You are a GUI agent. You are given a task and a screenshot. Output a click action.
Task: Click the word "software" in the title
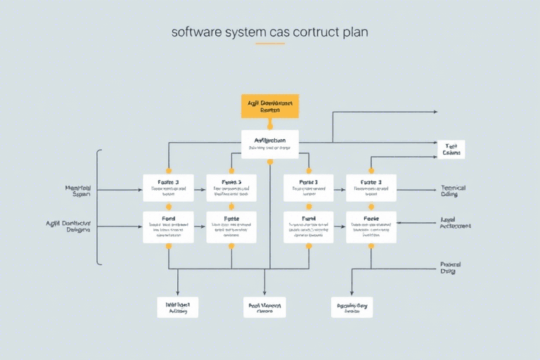click(194, 32)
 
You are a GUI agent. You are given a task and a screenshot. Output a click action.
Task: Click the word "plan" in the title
click(354, 32)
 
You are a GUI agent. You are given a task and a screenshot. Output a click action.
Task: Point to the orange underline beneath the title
click(270, 44)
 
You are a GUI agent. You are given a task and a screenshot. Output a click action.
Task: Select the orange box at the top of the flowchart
click(270, 106)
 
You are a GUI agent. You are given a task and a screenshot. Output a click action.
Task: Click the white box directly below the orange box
click(270, 143)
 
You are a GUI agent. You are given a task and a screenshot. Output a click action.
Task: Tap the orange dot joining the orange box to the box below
click(270, 125)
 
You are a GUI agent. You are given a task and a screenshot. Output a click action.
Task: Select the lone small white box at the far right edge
click(451, 149)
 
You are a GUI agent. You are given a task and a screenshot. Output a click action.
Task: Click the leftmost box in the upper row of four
click(168, 187)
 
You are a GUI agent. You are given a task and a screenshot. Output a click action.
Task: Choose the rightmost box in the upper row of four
click(371, 187)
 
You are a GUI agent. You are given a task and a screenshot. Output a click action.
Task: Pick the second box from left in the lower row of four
click(231, 227)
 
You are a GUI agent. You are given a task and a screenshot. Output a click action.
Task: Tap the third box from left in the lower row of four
click(308, 227)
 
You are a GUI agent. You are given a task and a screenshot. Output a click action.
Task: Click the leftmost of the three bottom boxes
click(177, 307)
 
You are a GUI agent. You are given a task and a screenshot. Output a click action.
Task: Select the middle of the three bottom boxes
click(265, 307)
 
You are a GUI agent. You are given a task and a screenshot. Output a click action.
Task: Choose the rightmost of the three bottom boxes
click(352, 307)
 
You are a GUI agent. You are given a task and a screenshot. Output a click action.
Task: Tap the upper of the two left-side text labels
click(82, 190)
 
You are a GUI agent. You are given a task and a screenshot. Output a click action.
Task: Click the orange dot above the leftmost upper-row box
click(168, 170)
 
